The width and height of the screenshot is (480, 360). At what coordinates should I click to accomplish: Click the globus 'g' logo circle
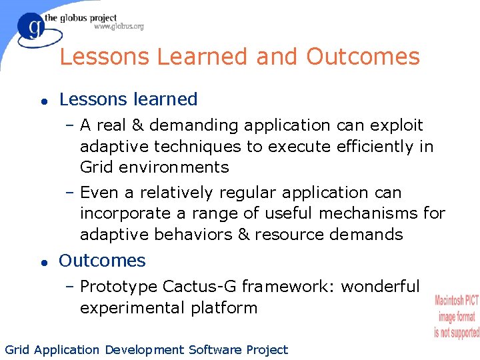pyautogui.click(x=31, y=28)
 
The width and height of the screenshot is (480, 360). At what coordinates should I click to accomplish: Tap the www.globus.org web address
pyautogui.click(x=118, y=27)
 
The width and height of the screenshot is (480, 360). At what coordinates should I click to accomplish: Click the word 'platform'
pyautogui.click(x=225, y=308)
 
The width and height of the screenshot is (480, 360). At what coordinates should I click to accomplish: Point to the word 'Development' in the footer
pyautogui.click(x=143, y=350)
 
